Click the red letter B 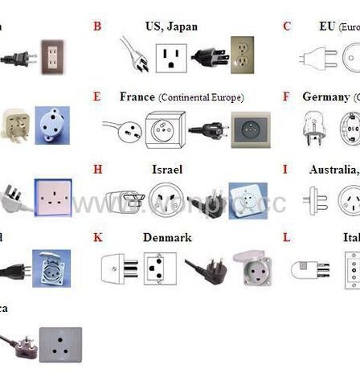(97, 27)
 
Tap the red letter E (97, 97)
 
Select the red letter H (98, 169)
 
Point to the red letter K (98, 239)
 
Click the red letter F (286, 97)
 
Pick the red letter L (286, 239)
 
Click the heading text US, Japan (171, 27)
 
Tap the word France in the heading (137, 97)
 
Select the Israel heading (167, 169)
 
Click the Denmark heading (167, 239)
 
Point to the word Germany (325, 97)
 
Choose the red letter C (286, 27)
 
